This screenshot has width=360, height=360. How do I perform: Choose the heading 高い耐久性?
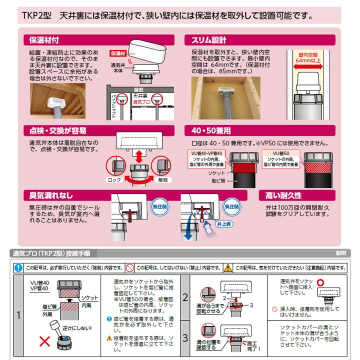pos(283,194)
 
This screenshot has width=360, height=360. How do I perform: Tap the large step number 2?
pos(185,298)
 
